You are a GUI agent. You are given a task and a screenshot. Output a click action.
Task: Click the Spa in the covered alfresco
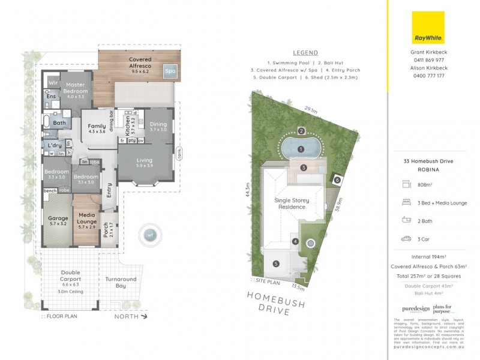(x=171, y=71)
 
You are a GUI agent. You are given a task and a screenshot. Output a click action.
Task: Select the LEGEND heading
(x=305, y=53)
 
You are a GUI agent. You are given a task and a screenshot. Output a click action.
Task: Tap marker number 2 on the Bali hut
(x=302, y=131)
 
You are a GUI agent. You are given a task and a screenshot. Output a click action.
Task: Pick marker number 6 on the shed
(x=337, y=180)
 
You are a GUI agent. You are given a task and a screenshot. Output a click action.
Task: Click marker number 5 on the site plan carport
(x=276, y=263)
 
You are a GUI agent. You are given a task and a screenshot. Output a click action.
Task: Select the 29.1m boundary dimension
(x=310, y=110)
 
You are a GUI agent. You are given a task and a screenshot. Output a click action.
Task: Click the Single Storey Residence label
(x=290, y=203)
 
